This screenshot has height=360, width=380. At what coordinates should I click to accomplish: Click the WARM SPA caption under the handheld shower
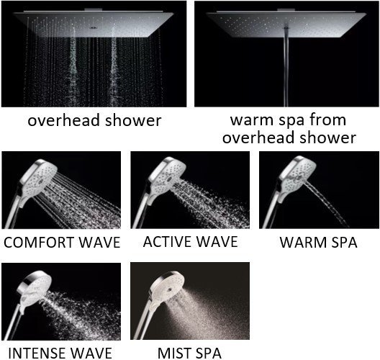pos(318,242)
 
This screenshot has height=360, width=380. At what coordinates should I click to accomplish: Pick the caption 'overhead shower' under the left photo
pos(94,120)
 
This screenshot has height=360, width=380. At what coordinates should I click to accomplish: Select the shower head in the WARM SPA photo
pos(291,172)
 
